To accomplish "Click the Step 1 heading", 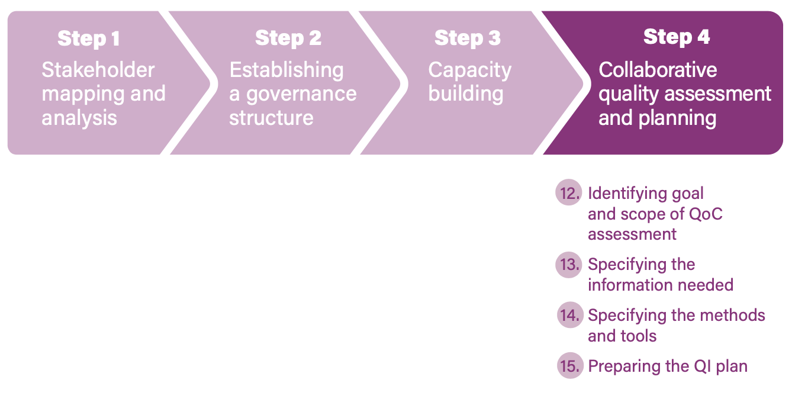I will (89, 39).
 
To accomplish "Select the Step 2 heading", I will (288, 38).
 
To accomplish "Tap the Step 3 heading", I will (467, 38).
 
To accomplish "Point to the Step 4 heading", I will (677, 37).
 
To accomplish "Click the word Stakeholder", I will (98, 70).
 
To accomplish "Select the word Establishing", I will (286, 70).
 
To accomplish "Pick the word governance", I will (301, 94).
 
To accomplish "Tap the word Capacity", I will (469, 70).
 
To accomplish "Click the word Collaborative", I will (658, 70).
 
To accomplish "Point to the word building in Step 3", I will (466, 94).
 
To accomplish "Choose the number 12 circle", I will (569, 193).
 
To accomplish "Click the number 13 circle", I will (569, 264).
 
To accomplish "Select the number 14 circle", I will (570, 315).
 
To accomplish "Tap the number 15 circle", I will (570, 366).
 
